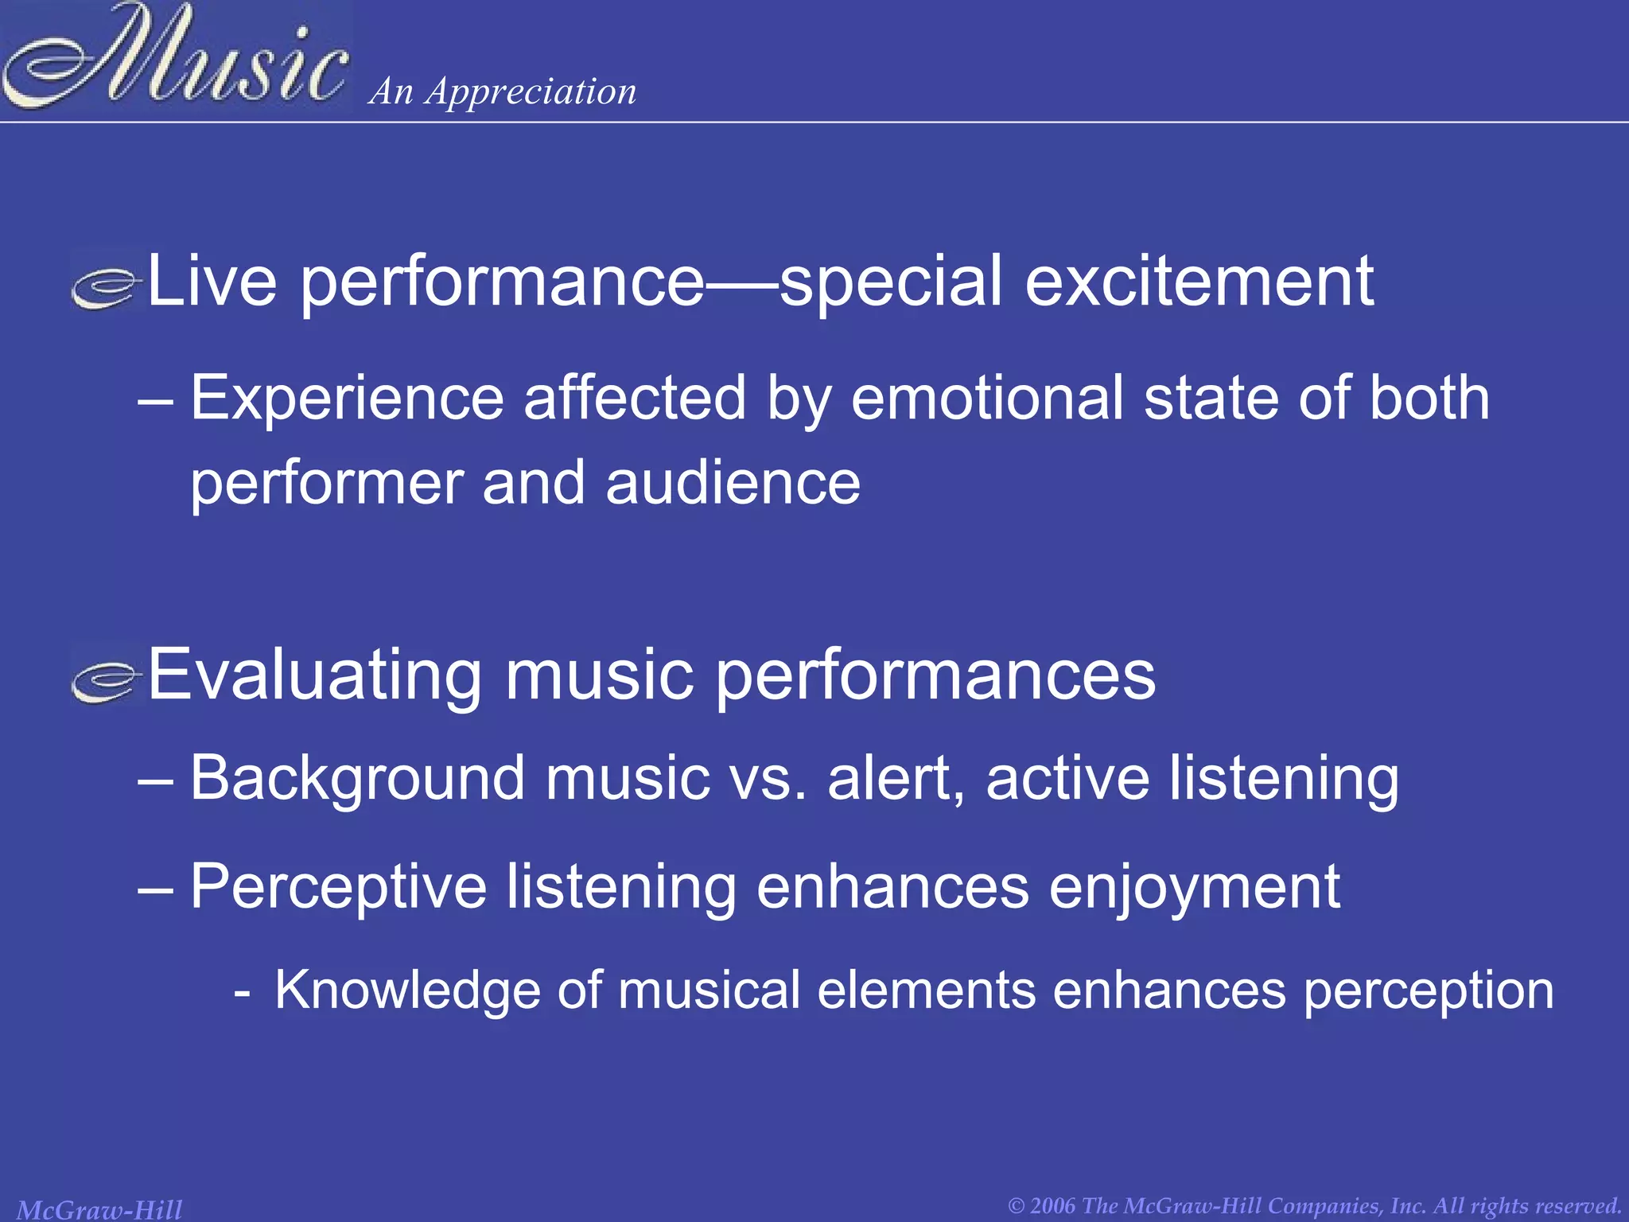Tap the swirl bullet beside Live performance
pos(106,287)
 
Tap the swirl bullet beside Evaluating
pos(106,680)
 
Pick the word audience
pos(733,483)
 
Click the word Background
pos(357,778)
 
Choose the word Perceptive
pos(338,887)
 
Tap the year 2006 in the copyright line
pos(1054,1205)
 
